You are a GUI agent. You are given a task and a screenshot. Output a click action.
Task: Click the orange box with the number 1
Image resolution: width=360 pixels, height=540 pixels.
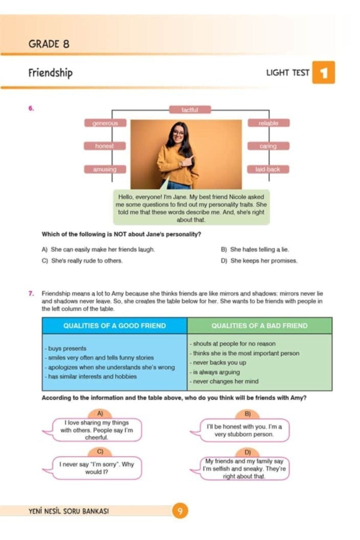323,73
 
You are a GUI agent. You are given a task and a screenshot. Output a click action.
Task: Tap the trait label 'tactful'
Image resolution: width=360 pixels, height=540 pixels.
190,110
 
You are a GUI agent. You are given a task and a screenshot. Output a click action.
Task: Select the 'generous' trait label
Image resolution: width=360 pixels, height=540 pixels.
105,123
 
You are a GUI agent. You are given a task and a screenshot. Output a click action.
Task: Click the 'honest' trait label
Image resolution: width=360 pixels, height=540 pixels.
104,146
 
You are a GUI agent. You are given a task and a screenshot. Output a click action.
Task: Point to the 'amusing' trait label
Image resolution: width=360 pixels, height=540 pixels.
105,169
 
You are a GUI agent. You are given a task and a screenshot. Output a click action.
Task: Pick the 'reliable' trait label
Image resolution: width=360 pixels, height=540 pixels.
268,123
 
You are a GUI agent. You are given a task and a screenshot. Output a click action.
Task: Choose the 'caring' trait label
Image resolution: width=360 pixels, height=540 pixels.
268,146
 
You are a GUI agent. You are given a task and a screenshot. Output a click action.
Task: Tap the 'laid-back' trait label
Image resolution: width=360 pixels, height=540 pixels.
268,169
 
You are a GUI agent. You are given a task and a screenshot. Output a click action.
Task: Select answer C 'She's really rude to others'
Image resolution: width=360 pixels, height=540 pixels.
82,261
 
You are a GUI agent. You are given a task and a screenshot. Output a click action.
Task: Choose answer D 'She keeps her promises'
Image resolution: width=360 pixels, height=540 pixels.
259,261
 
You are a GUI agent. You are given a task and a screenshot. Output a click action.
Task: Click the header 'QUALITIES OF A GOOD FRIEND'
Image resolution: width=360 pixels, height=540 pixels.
115,326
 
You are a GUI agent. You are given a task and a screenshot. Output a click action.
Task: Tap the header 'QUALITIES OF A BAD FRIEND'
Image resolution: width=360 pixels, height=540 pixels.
259,326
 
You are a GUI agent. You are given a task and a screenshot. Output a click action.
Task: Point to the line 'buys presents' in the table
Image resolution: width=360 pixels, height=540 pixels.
66,349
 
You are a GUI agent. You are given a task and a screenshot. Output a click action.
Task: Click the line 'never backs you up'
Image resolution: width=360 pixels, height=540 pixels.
218,363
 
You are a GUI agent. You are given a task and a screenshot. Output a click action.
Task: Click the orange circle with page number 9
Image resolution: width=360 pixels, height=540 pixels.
180,511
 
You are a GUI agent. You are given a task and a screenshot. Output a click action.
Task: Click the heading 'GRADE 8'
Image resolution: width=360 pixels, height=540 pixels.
49,44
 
